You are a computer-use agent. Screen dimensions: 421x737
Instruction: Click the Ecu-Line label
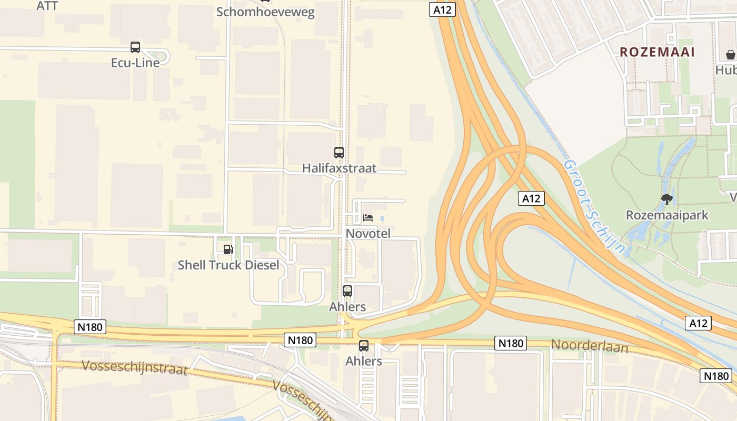[x=135, y=62]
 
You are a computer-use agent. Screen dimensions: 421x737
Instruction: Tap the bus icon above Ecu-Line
[x=135, y=47]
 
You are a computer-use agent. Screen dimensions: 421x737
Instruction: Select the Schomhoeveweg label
[x=265, y=12]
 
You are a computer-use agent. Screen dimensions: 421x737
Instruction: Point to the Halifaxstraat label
[x=339, y=168]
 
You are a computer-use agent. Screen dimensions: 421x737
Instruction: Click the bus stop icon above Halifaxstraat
[x=339, y=153]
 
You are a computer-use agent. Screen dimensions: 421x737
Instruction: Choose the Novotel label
[x=368, y=233]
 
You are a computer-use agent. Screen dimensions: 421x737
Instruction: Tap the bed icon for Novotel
[x=367, y=217]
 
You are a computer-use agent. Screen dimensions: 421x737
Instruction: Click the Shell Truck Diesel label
[x=228, y=265]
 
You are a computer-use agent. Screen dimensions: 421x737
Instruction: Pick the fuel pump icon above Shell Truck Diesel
[x=228, y=249]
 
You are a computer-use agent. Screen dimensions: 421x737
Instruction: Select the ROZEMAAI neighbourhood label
[x=658, y=52]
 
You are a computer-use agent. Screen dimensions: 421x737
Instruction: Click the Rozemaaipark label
[x=667, y=215]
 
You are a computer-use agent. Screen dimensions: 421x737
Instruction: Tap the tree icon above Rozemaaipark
[x=667, y=199]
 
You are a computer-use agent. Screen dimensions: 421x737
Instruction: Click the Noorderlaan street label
[x=590, y=346]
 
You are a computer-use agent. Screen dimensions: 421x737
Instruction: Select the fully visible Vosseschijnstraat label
[x=135, y=367]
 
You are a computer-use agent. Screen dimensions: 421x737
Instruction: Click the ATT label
[x=47, y=6]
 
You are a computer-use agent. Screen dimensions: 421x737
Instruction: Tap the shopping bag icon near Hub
[x=731, y=54]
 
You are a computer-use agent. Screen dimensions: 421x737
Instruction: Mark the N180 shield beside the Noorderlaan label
[x=511, y=344]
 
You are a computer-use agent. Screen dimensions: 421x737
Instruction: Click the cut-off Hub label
[x=726, y=69]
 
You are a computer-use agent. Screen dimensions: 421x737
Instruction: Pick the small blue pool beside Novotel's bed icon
[x=382, y=218]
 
